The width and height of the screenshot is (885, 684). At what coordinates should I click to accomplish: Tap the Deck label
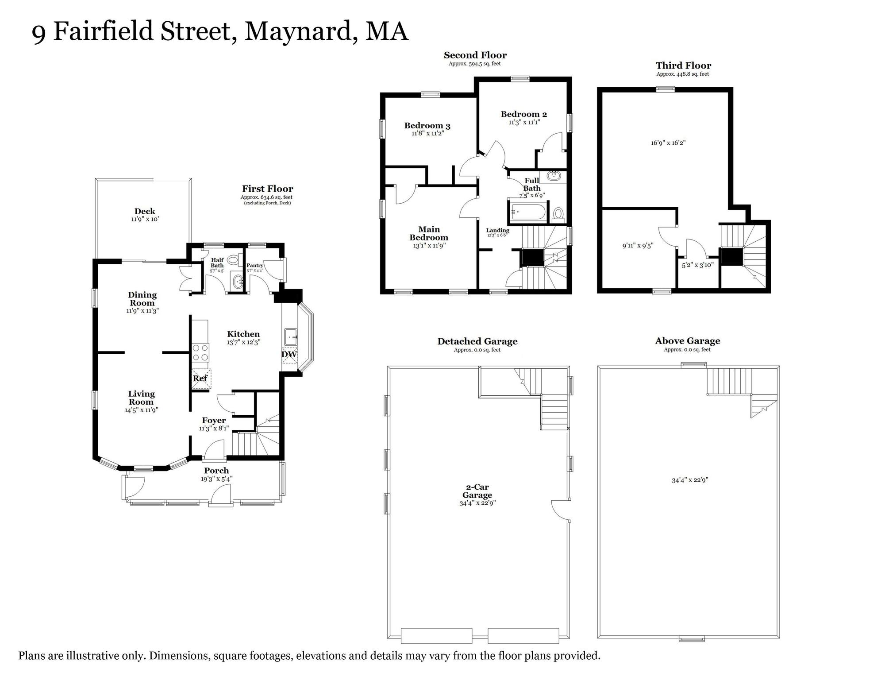pyautogui.click(x=145, y=211)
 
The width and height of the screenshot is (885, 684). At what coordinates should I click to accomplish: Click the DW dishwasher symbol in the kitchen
pyautogui.click(x=289, y=355)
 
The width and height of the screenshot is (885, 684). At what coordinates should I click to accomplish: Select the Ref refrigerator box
pyautogui.click(x=200, y=379)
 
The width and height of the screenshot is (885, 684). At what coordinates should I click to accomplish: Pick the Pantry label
pyautogui.click(x=255, y=265)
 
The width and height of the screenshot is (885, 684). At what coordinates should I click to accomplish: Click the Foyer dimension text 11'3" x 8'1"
pyautogui.click(x=214, y=428)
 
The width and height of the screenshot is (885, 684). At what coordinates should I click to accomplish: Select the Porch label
pyautogui.click(x=216, y=471)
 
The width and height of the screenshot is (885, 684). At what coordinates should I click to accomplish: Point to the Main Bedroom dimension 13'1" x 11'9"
pyautogui.click(x=429, y=246)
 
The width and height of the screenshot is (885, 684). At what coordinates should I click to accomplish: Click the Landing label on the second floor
pyautogui.click(x=498, y=230)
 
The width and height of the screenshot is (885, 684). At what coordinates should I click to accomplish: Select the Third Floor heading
pyautogui.click(x=683, y=66)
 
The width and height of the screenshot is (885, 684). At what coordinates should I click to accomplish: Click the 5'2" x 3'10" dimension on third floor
pyautogui.click(x=697, y=265)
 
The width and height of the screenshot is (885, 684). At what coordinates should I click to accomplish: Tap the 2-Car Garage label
pyautogui.click(x=477, y=491)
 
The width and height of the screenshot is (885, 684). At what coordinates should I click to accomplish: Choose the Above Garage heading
pyautogui.click(x=687, y=341)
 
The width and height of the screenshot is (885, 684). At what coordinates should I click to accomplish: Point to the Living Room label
pyautogui.click(x=141, y=398)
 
